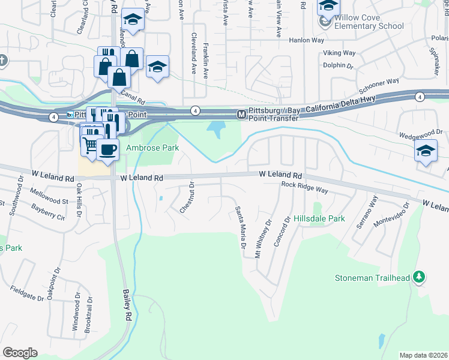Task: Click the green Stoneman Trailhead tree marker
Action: point(420,277)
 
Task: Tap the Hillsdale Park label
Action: point(319,219)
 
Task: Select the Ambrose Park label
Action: point(152,148)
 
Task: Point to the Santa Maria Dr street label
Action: point(240,228)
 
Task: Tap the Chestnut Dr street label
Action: point(187,197)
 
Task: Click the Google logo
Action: point(20,353)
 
